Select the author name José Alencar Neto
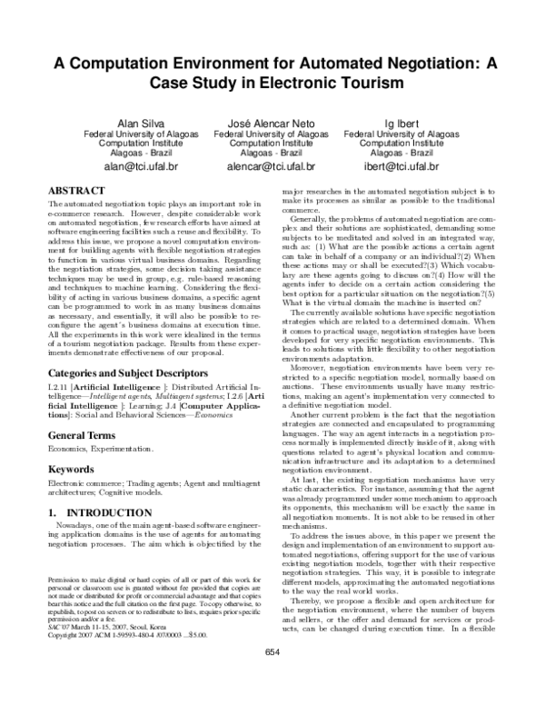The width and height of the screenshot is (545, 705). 271,122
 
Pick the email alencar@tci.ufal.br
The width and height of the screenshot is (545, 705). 271,167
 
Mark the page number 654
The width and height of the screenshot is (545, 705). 272,677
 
